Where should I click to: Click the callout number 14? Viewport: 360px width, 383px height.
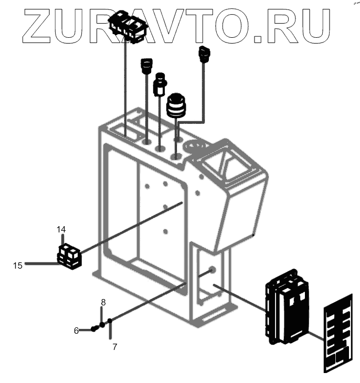pos(61,230)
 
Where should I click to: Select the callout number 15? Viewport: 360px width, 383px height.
pos(18,266)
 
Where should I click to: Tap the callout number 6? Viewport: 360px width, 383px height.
pos(76,331)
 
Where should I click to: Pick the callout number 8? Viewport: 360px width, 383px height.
pos(103,302)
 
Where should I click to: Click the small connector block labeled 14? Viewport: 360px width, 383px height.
pos(69,256)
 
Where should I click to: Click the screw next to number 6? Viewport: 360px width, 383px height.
pos(94,328)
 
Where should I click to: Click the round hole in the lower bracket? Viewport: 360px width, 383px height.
pos(211,270)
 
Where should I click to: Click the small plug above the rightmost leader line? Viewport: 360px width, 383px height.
pos(204,53)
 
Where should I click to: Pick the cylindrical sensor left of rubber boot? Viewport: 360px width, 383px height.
pos(160,84)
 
